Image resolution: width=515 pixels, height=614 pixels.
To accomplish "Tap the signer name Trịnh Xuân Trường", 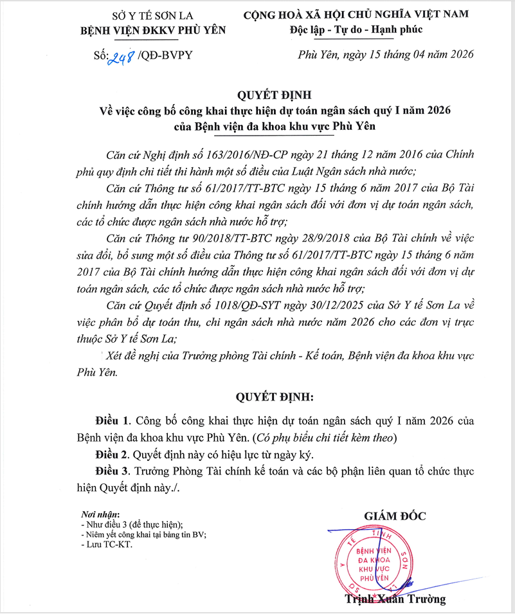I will [395, 600].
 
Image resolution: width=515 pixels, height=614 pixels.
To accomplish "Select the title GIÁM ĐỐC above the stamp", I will [395, 516].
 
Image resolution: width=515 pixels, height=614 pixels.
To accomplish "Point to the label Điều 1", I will [112, 421].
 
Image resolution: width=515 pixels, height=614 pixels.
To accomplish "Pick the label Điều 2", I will [112, 455].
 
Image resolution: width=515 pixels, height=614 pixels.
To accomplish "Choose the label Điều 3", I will [112, 471].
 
